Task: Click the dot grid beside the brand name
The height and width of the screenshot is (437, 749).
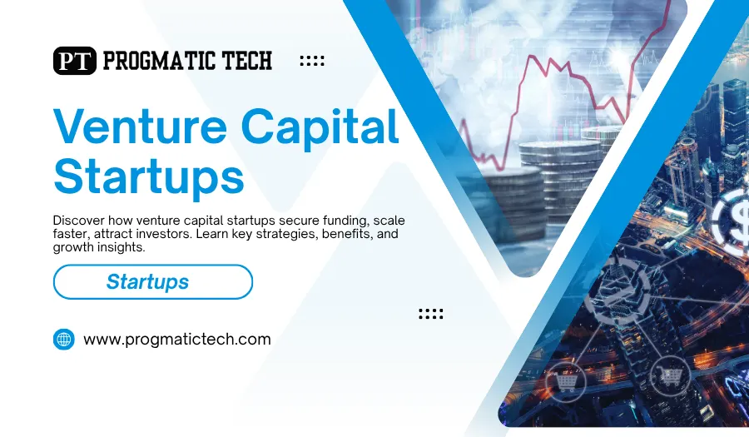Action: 311,62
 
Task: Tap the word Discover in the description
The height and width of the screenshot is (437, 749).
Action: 82,220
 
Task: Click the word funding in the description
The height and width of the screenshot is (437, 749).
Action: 337,220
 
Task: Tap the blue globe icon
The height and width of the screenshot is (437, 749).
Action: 64,339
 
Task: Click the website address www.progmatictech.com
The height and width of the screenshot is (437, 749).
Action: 177,340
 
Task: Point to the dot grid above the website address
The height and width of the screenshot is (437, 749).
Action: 430,314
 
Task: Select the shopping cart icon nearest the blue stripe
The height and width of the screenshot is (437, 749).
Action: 567,382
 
